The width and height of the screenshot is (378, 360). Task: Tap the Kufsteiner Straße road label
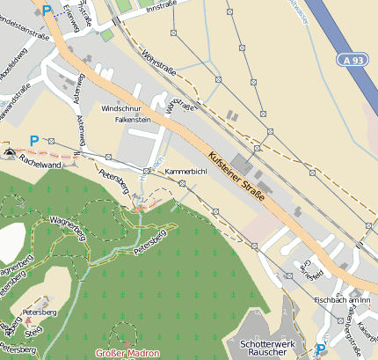pyautogui.click(x=237, y=177)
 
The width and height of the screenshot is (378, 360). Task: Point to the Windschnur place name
pyautogui.click(x=120, y=107)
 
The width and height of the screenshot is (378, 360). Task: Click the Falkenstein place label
pyautogui.click(x=134, y=119)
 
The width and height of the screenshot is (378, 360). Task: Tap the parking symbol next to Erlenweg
pyautogui.click(x=47, y=11)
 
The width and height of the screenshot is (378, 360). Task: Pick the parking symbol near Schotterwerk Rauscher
pyautogui.click(x=320, y=349)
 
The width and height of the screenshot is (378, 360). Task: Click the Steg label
pyautogui.click(x=34, y=331)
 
